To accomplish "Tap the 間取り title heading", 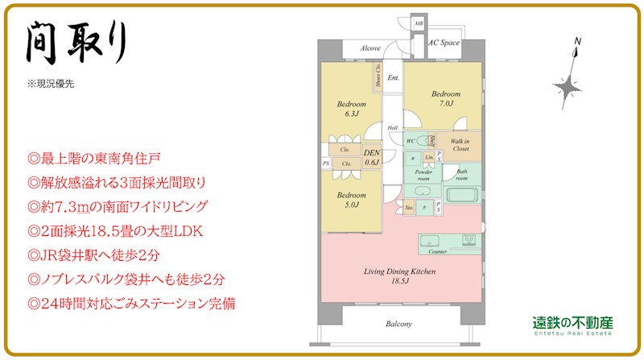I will point(76,42).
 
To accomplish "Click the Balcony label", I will point(398,324).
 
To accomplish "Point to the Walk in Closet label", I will point(460,145).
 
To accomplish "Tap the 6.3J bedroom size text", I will point(351,114).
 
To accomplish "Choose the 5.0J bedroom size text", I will point(351,204).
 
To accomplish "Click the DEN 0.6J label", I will point(372,158).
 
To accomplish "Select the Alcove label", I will point(370,48).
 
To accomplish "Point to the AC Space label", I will point(444,43).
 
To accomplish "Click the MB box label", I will point(419,24).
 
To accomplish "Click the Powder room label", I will point(423,175).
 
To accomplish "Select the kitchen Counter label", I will point(438,251).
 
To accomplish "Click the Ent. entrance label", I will point(394,78).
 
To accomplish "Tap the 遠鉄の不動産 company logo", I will point(573,324).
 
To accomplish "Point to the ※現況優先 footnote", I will point(51,84).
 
